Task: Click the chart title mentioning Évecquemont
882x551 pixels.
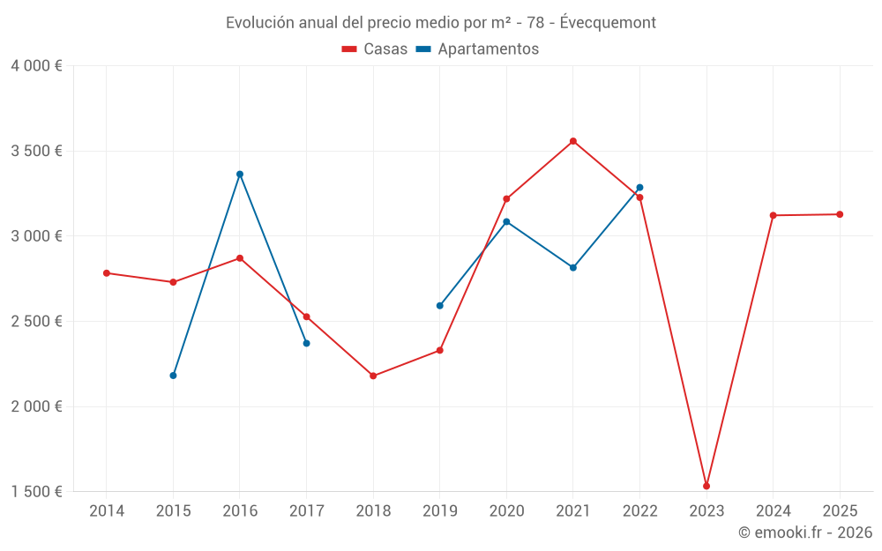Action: pyautogui.click(x=440, y=22)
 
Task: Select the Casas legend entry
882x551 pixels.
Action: pyautogui.click(x=375, y=48)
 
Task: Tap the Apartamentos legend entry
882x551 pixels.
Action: pyautogui.click(x=477, y=48)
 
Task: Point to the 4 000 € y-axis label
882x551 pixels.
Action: pyautogui.click(x=36, y=66)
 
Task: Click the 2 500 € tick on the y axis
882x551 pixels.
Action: pyautogui.click(x=36, y=321)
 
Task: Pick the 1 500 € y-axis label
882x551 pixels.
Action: pyautogui.click(x=36, y=491)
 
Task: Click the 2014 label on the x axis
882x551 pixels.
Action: pyautogui.click(x=107, y=510)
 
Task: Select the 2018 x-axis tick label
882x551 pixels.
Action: pyautogui.click(x=373, y=510)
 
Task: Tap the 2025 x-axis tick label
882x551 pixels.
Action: pyautogui.click(x=840, y=510)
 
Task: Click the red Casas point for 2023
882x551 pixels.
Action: pyautogui.click(x=706, y=486)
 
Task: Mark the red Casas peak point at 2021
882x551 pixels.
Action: pyautogui.click(x=573, y=141)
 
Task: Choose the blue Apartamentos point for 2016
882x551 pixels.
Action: pyautogui.click(x=240, y=174)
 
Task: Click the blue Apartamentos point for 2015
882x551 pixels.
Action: pyautogui.click(x=173, y=376)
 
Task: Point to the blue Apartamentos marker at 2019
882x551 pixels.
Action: pyautogui.click(x=440, y=306)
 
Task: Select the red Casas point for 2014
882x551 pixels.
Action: pyautogui.click(x=107, y=273)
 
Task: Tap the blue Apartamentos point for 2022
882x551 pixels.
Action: pyautogui.click(x=639, y=187)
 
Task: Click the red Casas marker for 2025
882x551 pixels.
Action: pyautogui.click(x=840, y=214)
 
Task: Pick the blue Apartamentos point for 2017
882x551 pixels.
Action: pyautogui.click(x=306, y=343)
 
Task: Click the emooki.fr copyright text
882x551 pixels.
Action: pyautogui.click(x=804, y=532)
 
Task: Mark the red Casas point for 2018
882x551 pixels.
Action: pyautogui.click(x=373, y=376)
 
